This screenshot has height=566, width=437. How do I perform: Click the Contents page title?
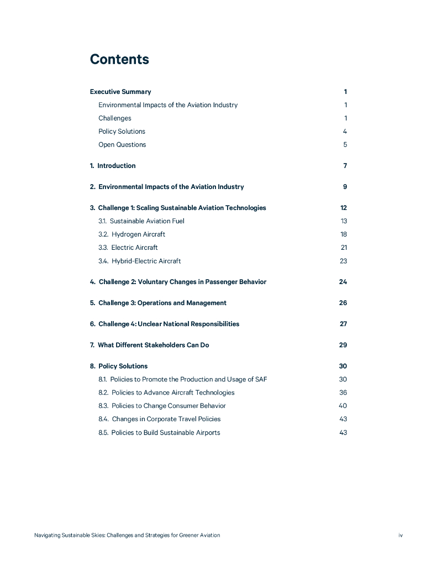[119, 60]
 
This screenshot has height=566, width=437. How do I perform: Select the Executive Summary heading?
[120, 92]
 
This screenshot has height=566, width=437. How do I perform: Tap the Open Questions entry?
[122, 145]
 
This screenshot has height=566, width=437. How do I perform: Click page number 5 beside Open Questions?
[345, 145]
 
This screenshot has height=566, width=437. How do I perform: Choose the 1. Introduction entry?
[113, 166]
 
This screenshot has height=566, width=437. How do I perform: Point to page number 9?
[345, 187]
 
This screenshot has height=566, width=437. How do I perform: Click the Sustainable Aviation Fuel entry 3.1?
[141, 221]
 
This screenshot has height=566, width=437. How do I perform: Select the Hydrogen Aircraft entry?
[131, 234]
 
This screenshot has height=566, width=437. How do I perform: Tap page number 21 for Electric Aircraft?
[344, 248]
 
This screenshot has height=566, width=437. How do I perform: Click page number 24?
[343, 282]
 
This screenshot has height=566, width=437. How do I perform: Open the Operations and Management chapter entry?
[158, 303]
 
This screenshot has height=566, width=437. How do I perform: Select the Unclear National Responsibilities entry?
[165, 324]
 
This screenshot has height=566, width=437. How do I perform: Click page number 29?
[343, 345]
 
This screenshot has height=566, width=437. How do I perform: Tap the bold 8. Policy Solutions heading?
[119, 366]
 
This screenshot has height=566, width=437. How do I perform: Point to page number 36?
[343, 392]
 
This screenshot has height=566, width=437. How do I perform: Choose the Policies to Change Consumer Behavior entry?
[162, 406]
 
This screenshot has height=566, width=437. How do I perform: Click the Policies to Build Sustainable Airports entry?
[159, 432]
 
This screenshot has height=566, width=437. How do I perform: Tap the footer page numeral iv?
[401, 535]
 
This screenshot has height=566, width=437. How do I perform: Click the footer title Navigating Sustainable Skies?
[127, 535]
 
